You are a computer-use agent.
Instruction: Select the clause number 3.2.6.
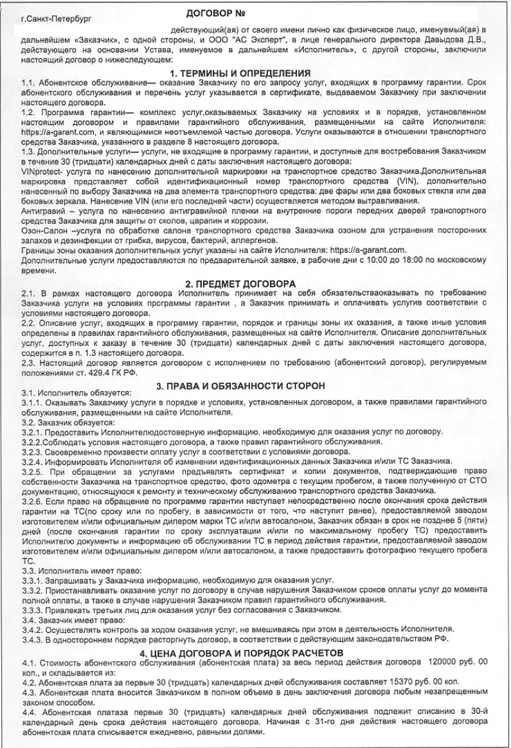tap(31, 500)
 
